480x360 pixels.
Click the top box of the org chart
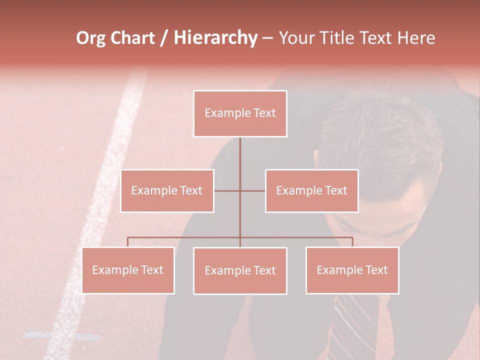240,113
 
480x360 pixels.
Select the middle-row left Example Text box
167,191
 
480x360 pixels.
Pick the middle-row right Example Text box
311,191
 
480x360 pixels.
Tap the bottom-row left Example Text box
128,270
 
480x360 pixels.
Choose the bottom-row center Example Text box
240,271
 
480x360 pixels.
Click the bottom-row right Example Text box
352,270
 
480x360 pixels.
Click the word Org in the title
90,38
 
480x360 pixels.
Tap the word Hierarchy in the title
215,38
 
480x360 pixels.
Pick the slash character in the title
164,38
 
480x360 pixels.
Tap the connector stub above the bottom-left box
128,242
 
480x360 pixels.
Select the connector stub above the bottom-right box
352,242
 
